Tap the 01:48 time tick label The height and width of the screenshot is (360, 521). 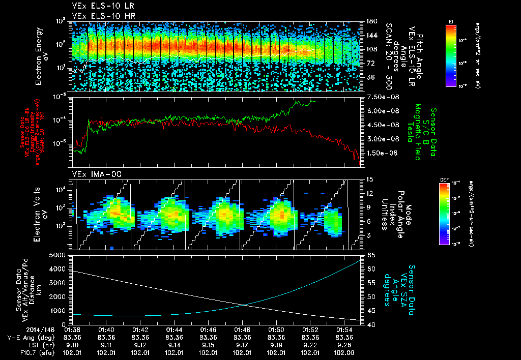point(242,329)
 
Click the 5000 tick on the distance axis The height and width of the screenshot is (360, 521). point(59,255)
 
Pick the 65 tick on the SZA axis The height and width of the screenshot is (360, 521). point(371,255)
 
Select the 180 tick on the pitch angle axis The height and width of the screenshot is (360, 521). point(370,21)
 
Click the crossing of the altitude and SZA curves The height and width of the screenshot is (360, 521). point(245,305)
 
